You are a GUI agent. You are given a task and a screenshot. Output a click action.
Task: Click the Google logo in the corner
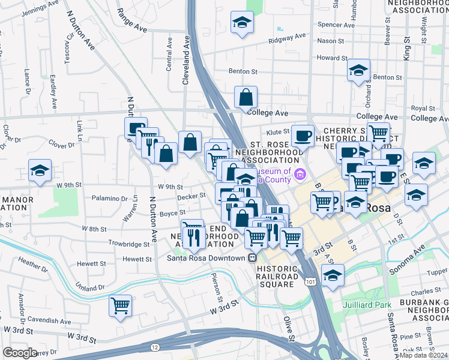coord(20,353)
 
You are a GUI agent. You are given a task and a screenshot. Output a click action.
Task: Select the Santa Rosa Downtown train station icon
coord(254,258)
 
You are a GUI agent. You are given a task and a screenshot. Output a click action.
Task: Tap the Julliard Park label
coord(369,304)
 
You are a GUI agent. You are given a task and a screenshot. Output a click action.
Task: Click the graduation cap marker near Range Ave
coord(243,23)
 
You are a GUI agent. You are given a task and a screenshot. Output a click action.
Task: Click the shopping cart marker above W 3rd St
coord(120,305)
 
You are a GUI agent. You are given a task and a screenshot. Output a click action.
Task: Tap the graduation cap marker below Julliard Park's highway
coord(333,275)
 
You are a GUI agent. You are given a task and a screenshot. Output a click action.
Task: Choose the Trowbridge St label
coord(128,244)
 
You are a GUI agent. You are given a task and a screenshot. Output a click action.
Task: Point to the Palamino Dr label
coord(109,198)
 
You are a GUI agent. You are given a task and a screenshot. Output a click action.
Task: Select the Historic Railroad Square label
coord(277,272)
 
